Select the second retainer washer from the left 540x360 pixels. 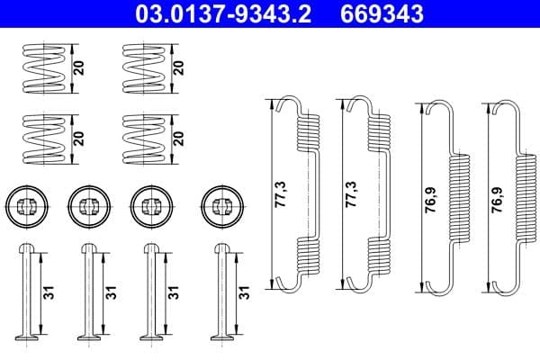click(x=86, y=205)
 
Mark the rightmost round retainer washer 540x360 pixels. click(x=220, y=205)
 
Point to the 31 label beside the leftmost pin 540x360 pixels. click(x=49, y=292)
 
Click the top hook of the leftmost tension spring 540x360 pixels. click(x=290, y=103)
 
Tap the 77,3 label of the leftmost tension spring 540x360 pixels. click(x=277, y=193)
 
